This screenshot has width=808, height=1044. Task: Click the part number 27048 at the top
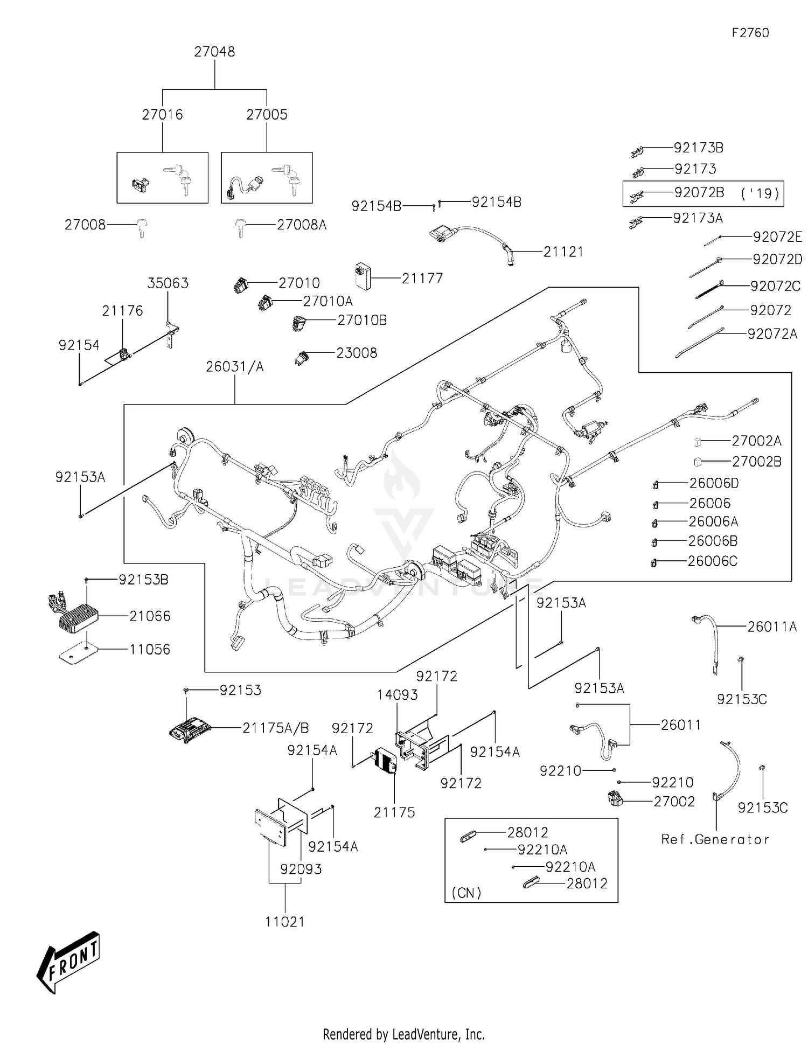[214, 52]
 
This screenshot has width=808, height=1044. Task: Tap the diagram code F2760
[750, 33]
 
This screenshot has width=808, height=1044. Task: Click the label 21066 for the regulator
[150, 616]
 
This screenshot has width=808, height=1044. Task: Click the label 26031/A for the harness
[235, 367]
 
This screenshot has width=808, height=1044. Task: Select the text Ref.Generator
[715, 839]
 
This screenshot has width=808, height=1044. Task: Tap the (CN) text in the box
[466, 893]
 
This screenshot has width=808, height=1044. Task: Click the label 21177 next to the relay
[422, 279]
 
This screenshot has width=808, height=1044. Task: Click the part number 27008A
[302, 225]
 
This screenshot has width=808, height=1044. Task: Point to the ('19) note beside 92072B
[760, 193]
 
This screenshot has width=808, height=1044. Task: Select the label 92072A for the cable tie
[772, 334]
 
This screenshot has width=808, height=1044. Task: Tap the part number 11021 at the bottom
[285, 922]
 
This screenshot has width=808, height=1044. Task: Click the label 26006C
[712, 561]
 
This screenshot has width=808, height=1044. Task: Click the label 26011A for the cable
[771, 627]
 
